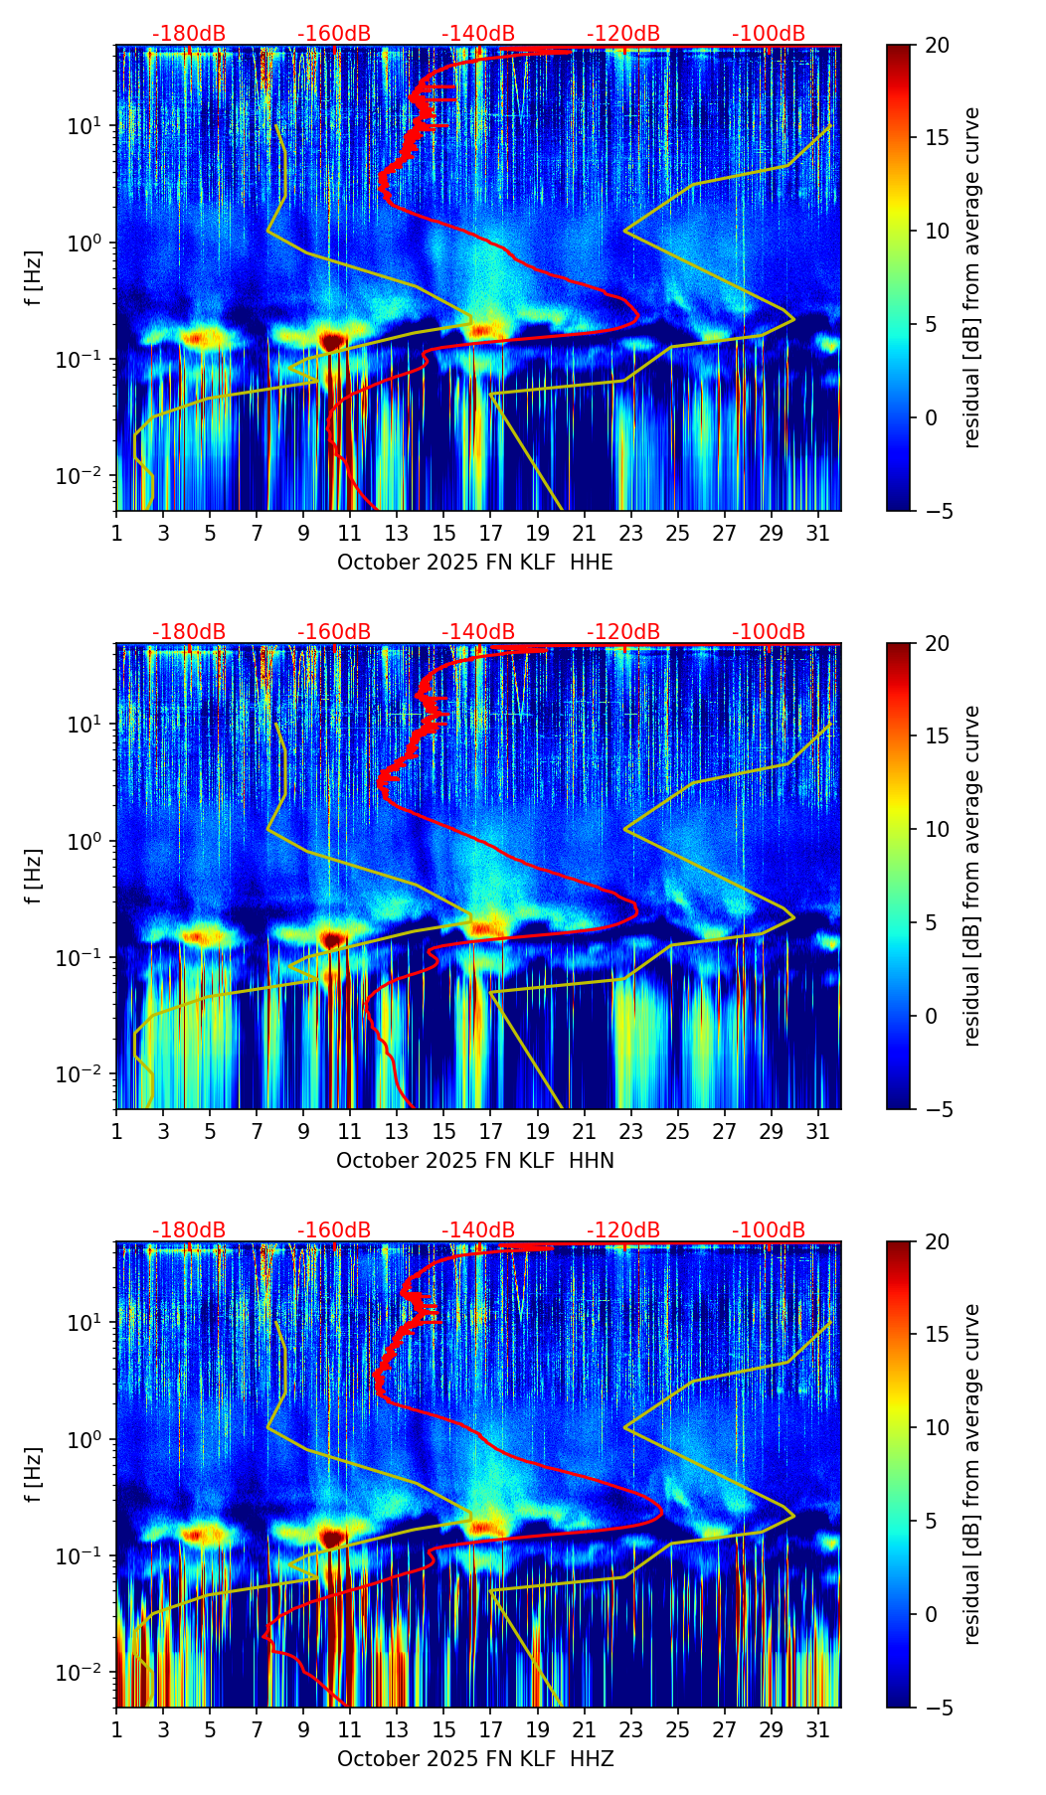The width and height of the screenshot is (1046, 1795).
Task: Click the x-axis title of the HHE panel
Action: [474, 563]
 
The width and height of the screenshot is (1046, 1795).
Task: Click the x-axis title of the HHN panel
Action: [474, 1161]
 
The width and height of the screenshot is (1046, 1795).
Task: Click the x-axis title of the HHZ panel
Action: [474, 1759]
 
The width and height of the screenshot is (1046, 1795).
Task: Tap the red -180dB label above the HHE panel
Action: [189, 34]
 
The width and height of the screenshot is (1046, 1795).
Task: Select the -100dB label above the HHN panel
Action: [769, 632]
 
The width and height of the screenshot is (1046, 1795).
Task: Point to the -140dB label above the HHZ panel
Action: [478, 1230]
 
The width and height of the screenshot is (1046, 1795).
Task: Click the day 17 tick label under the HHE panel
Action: [490, 533]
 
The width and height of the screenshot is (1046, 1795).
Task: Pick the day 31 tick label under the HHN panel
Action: [817, 1131]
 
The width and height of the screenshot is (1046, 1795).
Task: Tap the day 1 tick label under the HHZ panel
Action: [116, 1729]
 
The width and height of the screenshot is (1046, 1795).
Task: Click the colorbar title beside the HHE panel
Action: [971, 277]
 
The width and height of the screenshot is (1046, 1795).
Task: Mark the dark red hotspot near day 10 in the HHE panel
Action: [332, 341]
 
